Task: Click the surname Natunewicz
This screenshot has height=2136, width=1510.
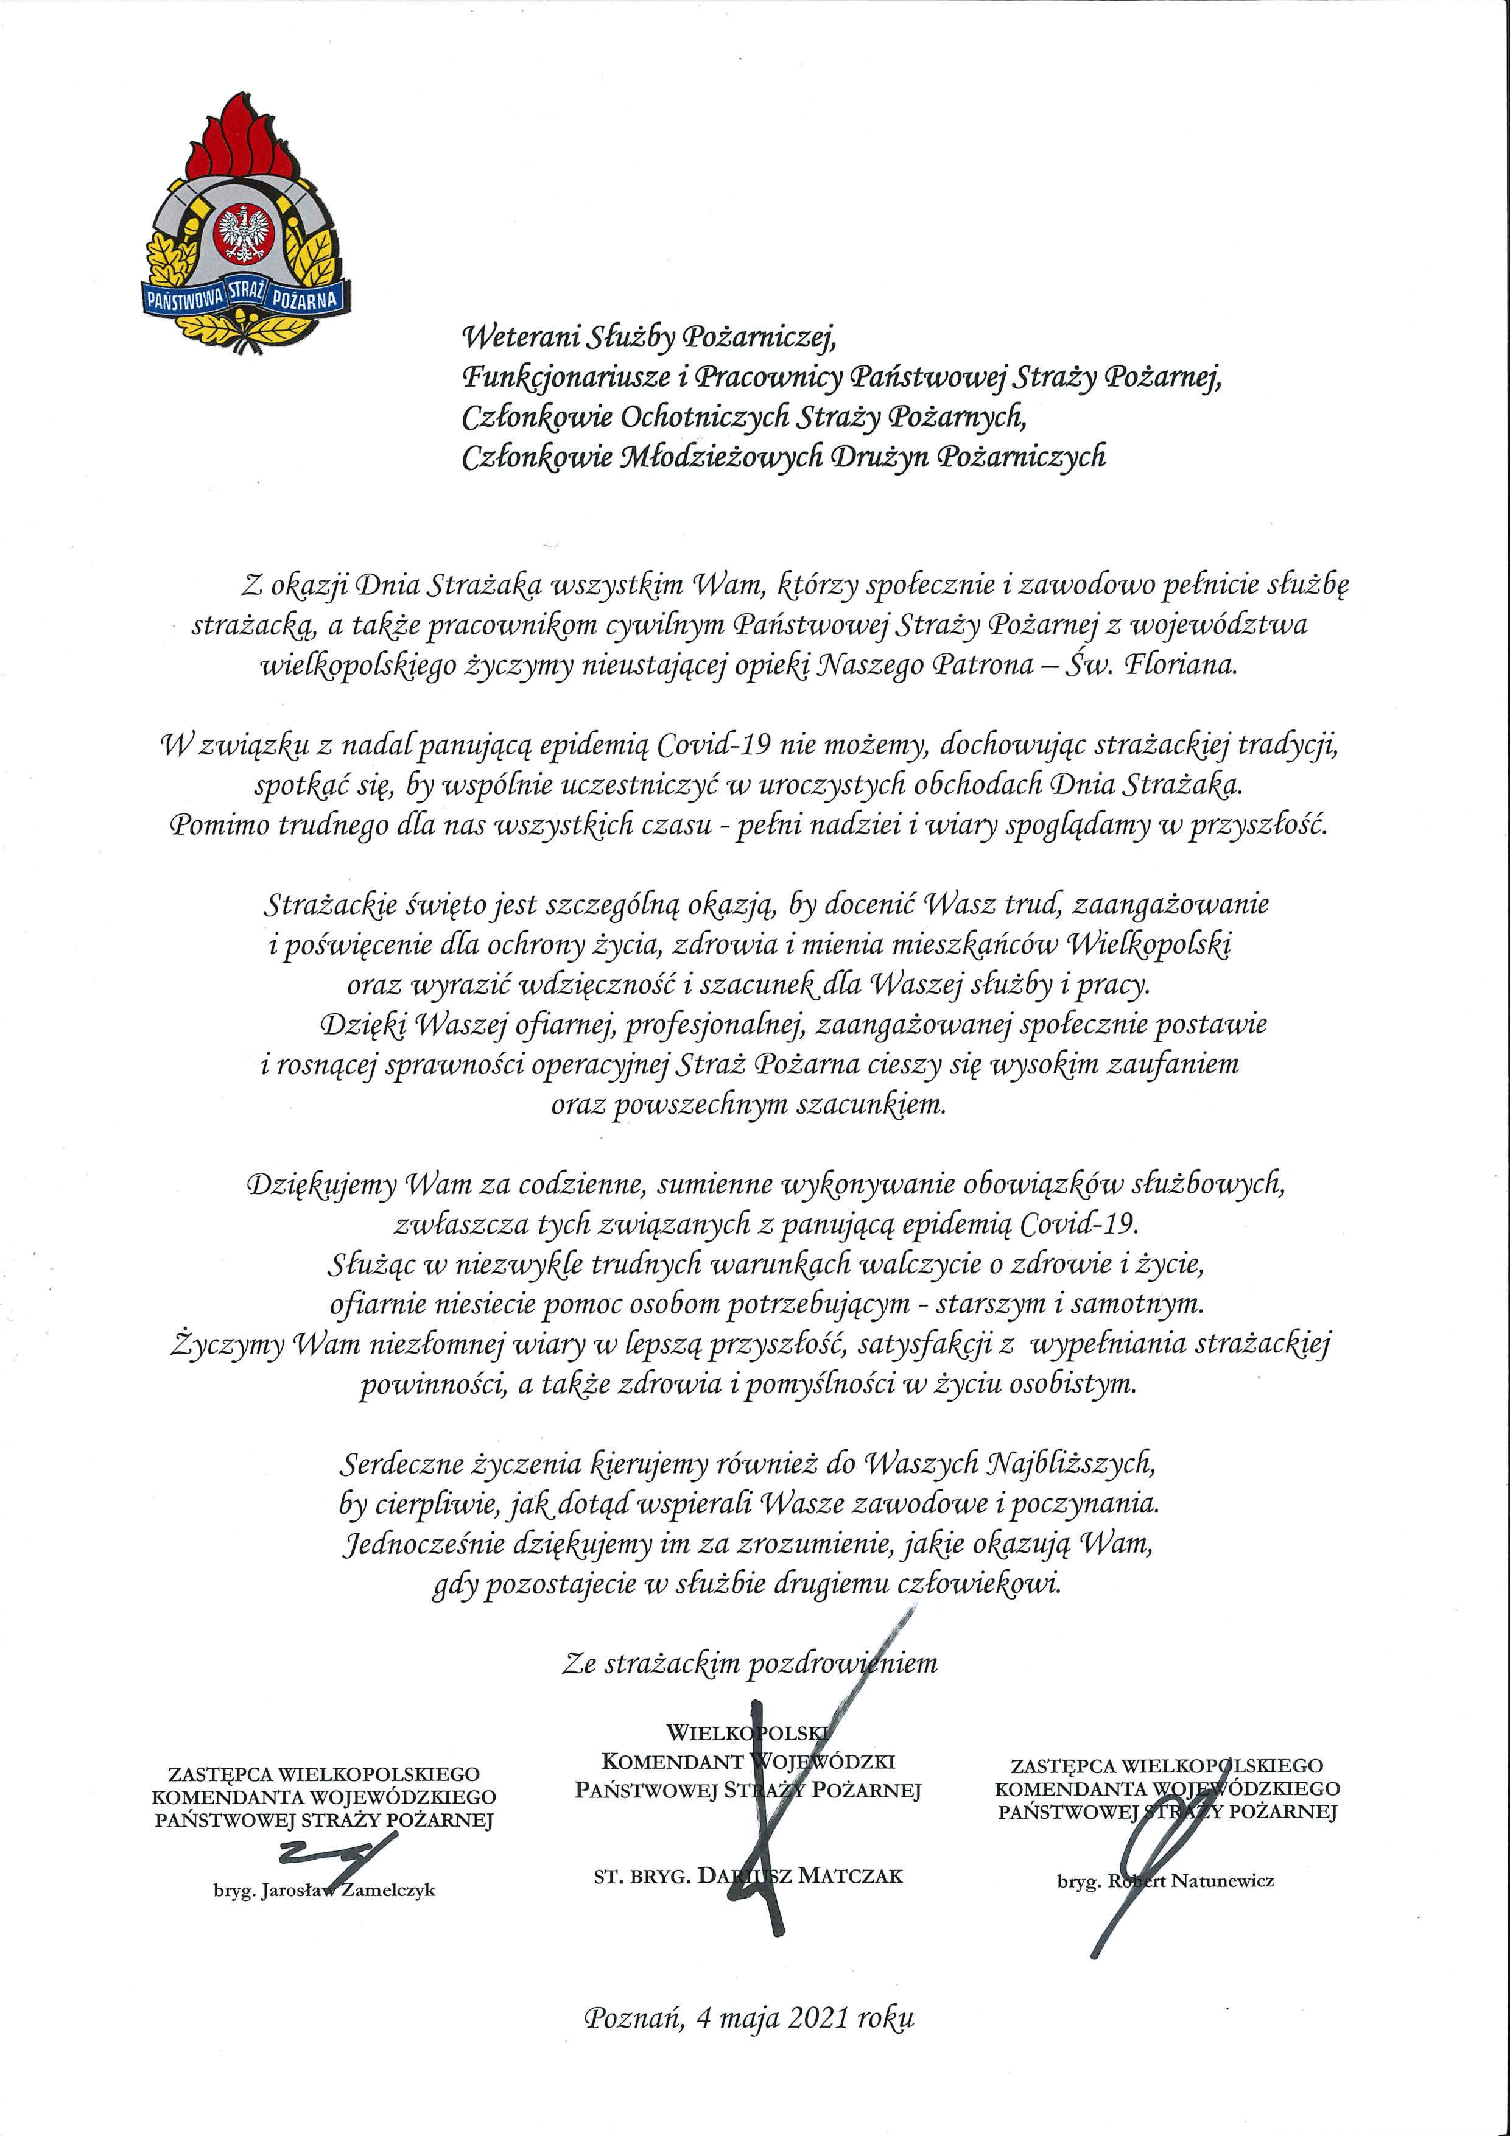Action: click(x=1221, y=1881)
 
